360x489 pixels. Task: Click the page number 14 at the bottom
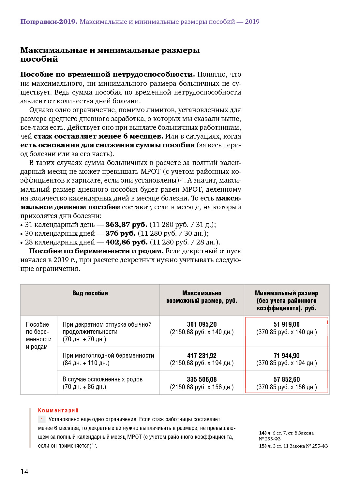point(24,472)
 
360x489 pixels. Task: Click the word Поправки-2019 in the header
point(49,22)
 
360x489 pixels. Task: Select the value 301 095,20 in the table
point(202,324)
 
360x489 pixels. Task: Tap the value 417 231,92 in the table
point(202,356)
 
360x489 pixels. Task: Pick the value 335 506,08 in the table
point(202,379)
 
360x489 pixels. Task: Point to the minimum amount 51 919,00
point(286,324)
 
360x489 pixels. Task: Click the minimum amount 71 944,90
point(286,356)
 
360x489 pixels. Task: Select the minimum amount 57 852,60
point(286,379)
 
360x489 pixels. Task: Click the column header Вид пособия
point(90,293)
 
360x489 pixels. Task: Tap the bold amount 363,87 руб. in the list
point(126,225)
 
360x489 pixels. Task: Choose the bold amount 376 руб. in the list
point(120,233)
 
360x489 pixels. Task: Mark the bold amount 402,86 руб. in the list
point(127,242)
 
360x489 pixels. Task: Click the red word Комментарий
point(58,410)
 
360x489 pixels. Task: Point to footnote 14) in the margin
point(262,433)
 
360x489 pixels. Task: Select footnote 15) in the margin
point(262,446)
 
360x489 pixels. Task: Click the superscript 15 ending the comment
point(94,444)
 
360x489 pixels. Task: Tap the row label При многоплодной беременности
point(108,356)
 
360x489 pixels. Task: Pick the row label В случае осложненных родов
point(102,379)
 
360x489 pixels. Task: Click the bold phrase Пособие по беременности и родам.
point(96,251)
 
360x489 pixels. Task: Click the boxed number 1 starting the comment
point(42,420)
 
